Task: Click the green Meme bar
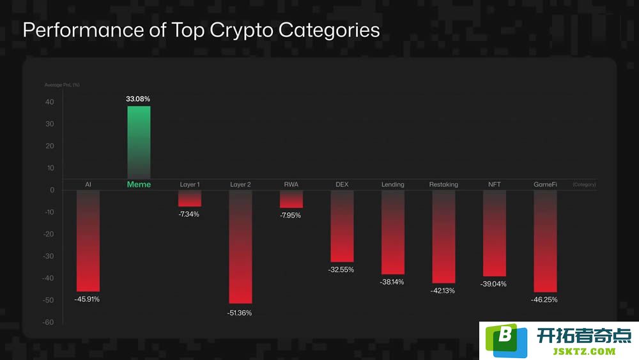coord(139,143)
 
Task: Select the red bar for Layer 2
coord(240,247)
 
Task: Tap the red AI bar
coord(88,241)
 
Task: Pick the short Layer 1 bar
coord(190,199)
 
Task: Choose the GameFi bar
coord(545,241)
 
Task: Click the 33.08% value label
coord(138,98)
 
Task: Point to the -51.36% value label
coord(239,313)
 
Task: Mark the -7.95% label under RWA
coord(290,215)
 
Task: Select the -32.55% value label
coord(341,269)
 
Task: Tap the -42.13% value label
coord(443,291)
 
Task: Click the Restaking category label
coord(443,185)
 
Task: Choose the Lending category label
coord(393,185)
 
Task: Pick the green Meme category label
coord(139,184)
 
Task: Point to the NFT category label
coord(495,184)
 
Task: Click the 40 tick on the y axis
coord(49,102)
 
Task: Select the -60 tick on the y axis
coord(48,322)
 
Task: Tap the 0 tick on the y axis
coord(52,190)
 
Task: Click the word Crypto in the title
coord(242,31)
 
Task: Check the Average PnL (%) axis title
coord(62,85)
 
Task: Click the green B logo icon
coord(505,340)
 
